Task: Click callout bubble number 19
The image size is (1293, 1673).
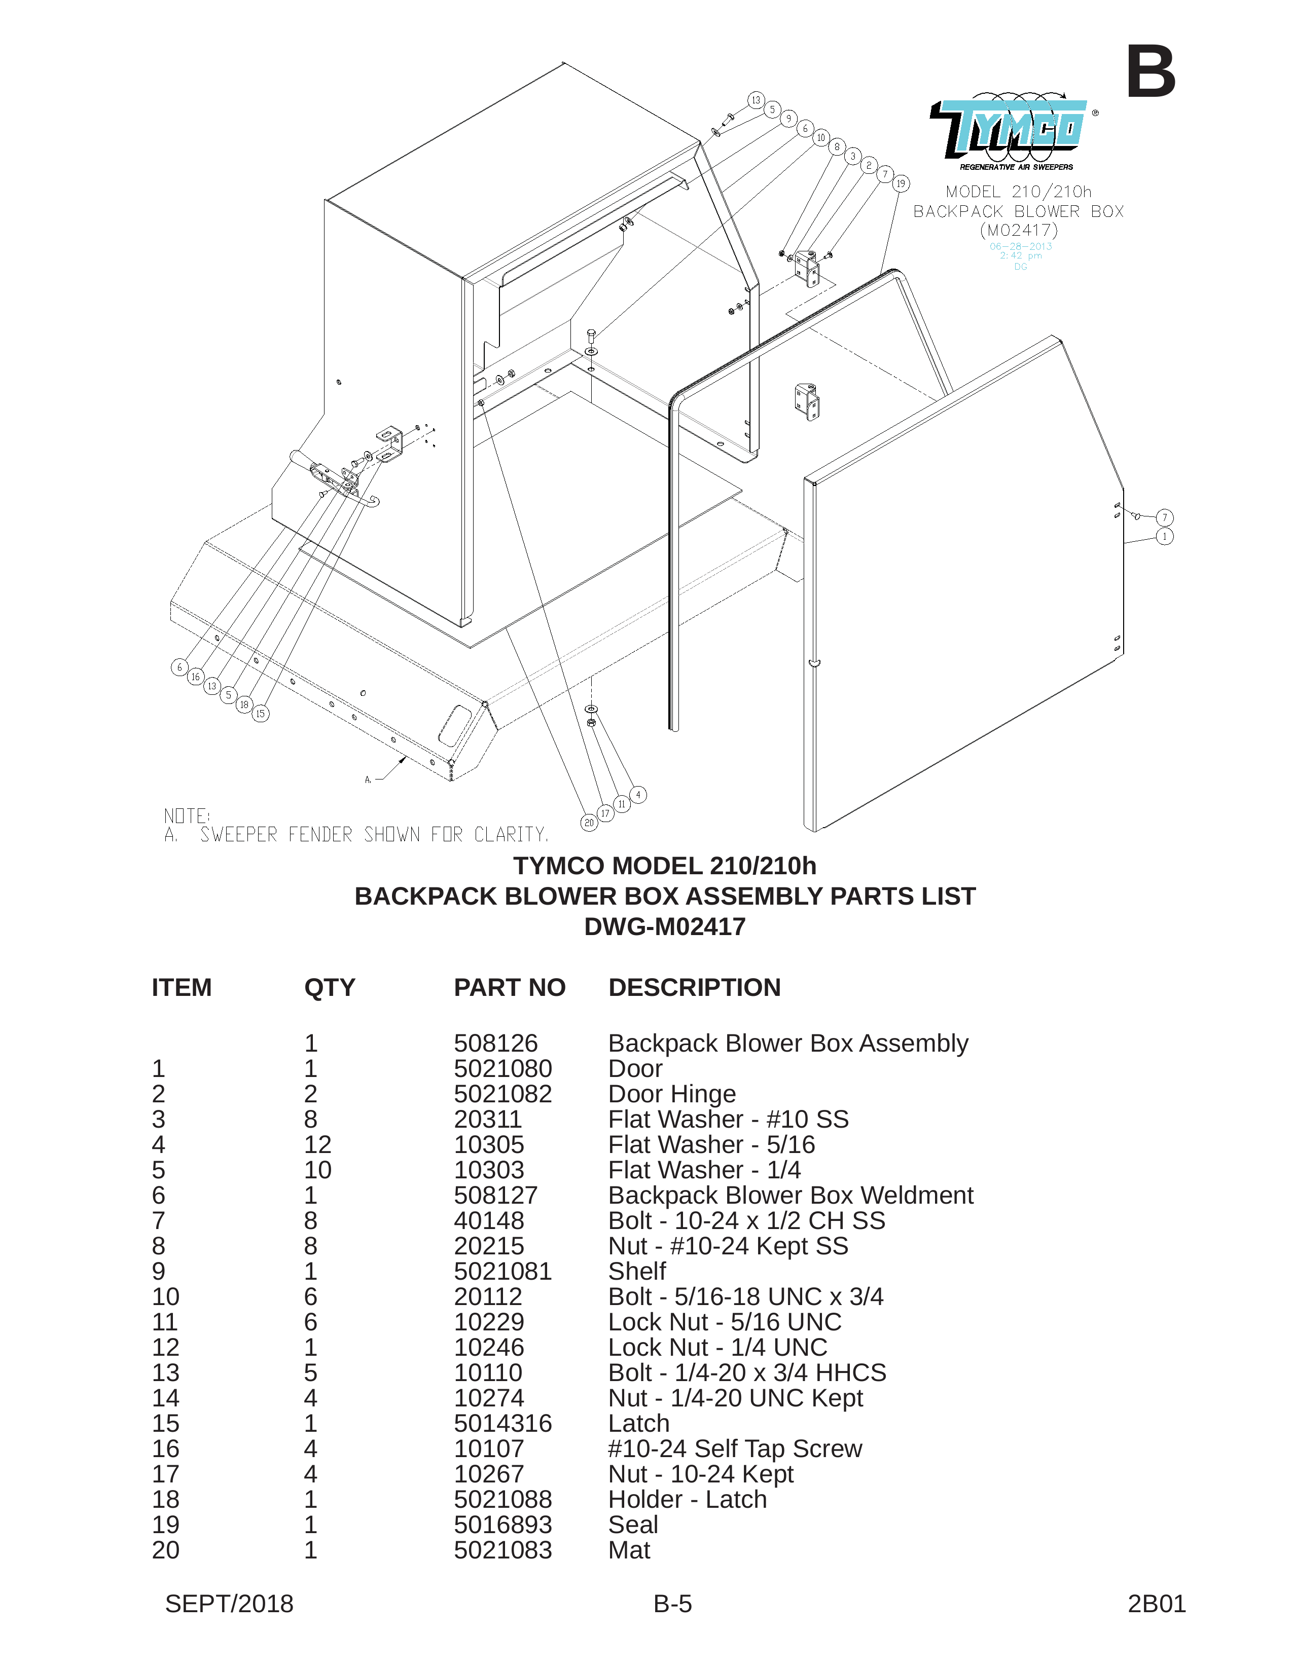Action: (901, 184)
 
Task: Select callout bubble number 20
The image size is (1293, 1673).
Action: (589, 823)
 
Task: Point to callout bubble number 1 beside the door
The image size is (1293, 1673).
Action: (1164, 536)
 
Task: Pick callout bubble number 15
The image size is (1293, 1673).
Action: (261, 714)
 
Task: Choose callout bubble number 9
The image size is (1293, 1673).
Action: (788, 119)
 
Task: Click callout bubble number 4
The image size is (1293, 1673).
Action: (638, 795)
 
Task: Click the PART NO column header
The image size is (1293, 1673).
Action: (510, 987)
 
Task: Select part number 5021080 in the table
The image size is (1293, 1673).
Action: (503, 1068)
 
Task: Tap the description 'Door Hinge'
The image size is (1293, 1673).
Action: (672, 1094)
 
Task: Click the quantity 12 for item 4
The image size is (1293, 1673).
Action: (318, 1144)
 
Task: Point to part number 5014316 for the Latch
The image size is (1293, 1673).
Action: (503, 1423)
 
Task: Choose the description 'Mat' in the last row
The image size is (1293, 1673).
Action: (629, 1550)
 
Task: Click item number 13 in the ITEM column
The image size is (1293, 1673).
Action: (165, 1373)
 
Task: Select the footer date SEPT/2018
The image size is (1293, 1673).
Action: (229, 1604)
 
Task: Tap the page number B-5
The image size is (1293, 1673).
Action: (673, 1604)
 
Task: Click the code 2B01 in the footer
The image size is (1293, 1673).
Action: (1157, 1604)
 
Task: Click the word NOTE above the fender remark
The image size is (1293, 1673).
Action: (186, 816)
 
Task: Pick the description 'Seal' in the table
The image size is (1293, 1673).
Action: (633, 1525)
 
